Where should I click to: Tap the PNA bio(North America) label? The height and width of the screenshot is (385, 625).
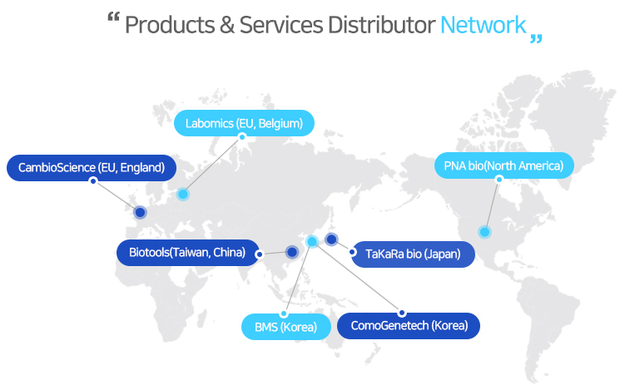[x=503, y=165]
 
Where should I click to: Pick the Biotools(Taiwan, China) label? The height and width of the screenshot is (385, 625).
[x=187, y=252]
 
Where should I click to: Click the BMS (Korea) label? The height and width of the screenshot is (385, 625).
[x=285, y=327]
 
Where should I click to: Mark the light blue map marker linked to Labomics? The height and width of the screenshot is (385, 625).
[x=183, y=194]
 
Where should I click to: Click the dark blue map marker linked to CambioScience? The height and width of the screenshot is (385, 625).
[x=140, y=213]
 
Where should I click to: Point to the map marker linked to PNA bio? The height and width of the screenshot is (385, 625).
[x=484, y=231]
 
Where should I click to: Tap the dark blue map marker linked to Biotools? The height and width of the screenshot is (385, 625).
[x=292, y=252]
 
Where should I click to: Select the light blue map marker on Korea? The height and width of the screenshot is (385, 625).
[x=312, y=241]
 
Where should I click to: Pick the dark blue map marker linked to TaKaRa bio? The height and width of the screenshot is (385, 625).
[x=331, y=239]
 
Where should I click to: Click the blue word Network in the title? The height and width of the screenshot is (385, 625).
[x=483, y=25]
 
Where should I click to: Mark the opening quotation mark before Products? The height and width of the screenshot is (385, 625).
[x=115, y=18]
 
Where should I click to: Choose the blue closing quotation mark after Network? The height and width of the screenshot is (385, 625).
[x=536, y=37]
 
